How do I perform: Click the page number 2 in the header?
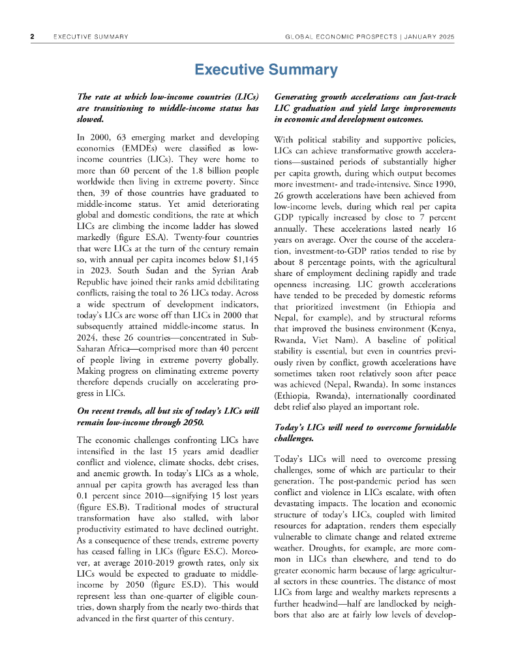tap(32, 37)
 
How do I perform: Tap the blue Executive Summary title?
tap(266, 70)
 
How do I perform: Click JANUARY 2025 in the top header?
tap(431, 37)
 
